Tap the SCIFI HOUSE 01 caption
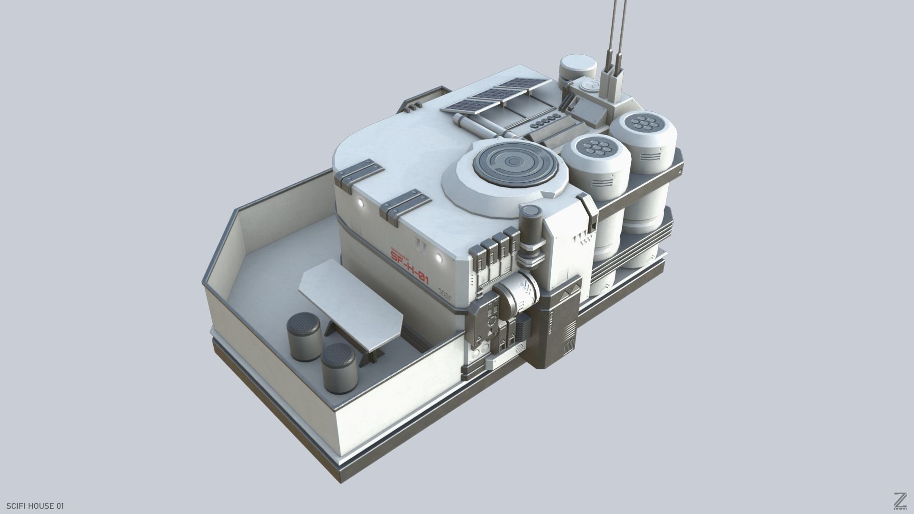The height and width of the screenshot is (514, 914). click(x=36, y=505)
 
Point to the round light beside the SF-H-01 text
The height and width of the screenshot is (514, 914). click(x=438, y=258)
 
